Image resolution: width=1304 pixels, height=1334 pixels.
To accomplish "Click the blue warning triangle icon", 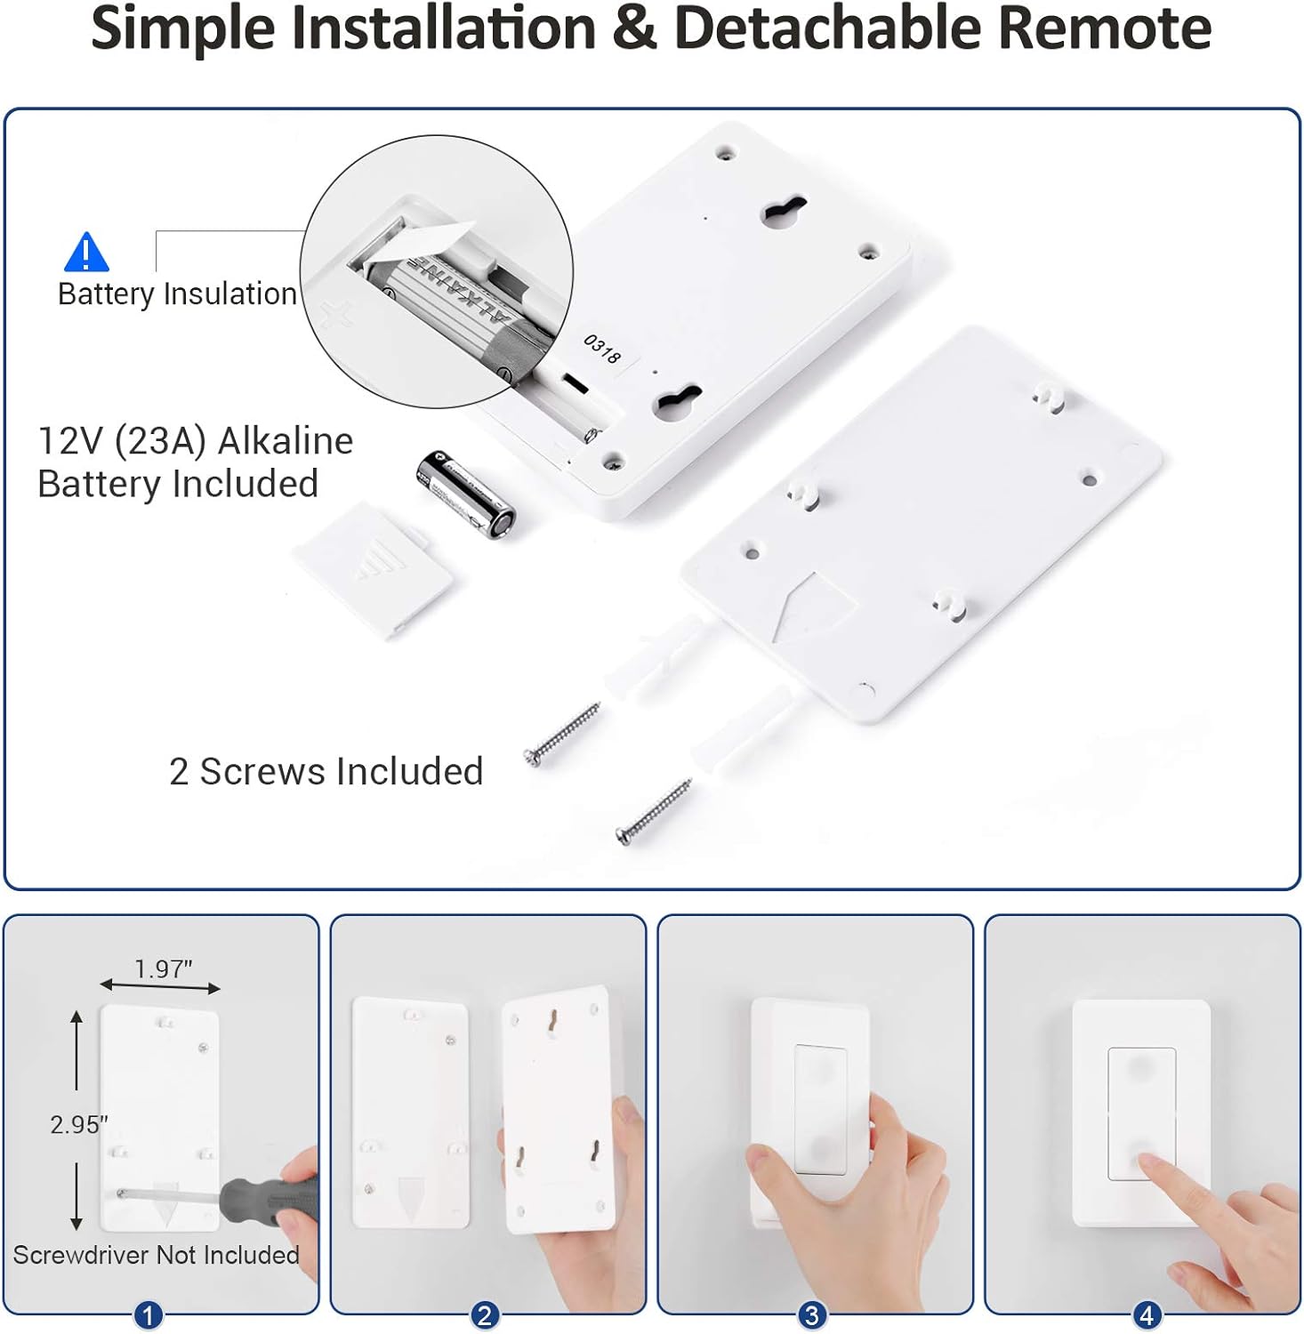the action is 86,253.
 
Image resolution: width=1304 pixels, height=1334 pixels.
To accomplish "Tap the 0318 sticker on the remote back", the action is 602,349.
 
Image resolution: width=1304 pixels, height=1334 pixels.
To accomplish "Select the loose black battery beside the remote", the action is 465,494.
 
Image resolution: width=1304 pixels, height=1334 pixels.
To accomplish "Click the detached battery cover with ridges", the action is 373,569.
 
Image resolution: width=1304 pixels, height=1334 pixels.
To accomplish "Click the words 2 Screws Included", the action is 326,772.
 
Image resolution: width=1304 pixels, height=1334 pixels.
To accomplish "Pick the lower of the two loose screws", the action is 654,811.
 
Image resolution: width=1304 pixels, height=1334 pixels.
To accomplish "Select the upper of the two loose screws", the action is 562,733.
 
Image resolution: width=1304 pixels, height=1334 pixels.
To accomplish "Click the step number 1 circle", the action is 148,1315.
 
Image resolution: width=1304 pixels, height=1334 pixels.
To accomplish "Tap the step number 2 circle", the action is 484,1315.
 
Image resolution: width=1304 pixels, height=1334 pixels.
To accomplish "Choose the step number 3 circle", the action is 811,1315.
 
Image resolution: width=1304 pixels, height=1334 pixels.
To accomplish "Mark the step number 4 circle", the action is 1147,1315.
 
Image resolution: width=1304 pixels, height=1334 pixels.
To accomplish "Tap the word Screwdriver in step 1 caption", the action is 82,1255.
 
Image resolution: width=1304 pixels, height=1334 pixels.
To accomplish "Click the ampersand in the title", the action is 635,28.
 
